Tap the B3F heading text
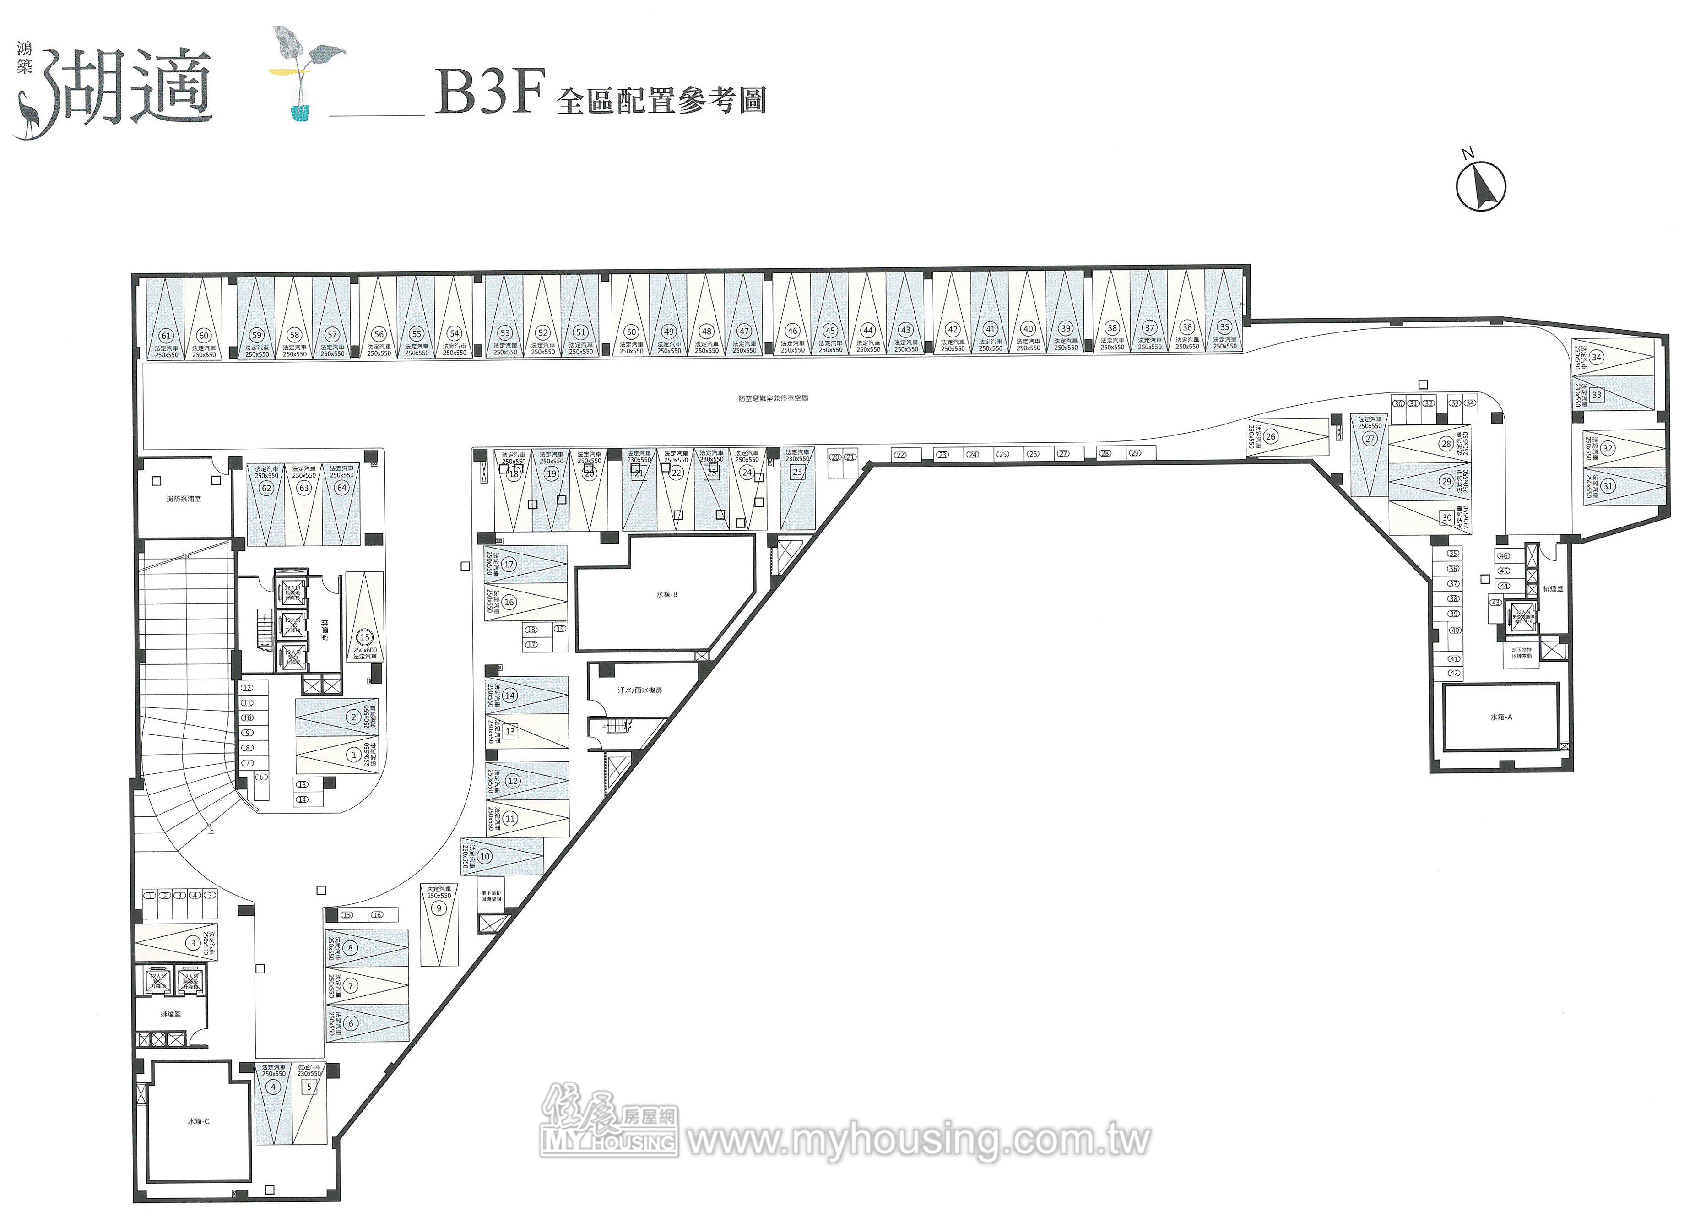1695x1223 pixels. (489, 92)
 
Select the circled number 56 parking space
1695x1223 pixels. (379, 335)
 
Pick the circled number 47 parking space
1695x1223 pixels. (744, 331)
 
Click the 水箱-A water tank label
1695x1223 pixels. (1500, 717)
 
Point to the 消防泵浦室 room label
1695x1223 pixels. (183, 499)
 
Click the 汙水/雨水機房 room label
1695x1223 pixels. (640, 690)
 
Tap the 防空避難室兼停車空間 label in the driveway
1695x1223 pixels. (773, 398)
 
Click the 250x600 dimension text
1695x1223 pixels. (365, 650)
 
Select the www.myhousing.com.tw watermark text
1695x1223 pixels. (918, 1140)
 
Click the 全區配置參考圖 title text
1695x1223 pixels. (661, 100)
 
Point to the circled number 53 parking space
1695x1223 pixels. (505, 333)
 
